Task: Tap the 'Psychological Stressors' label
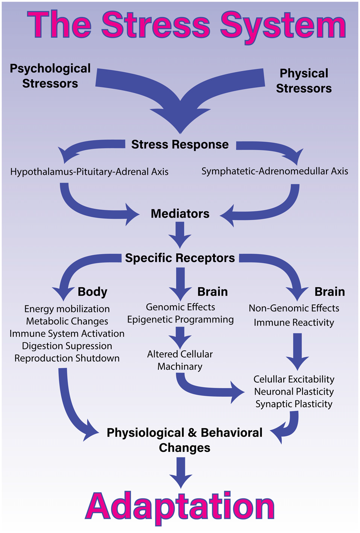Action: (x=50, y=76)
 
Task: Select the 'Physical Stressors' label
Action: (x=304, y=81)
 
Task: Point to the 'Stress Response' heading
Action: (x=180, y=144)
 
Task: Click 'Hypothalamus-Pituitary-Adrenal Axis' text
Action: (x=89, y=171)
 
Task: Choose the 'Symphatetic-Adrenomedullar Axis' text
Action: (x=275, y=171)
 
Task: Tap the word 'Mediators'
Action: (x=180, y=214)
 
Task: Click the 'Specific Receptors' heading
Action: (x=180, y=258)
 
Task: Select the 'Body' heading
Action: (x=93, y=292)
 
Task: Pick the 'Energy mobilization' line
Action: (x=67, y=309)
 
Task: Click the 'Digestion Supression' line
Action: (x=67, y=346)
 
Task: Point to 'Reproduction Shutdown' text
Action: (x=67, y=358)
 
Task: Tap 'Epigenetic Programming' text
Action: (x=180, y=319)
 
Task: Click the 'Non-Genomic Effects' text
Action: (x=294, y=308)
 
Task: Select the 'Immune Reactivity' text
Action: (x=294, y=323)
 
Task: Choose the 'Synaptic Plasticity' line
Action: (x=294, y=404)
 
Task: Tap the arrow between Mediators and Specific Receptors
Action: (x=180, y=235)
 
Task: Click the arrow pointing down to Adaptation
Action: (x=181, y=473)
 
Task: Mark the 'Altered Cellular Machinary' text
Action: (x=180, y=360)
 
